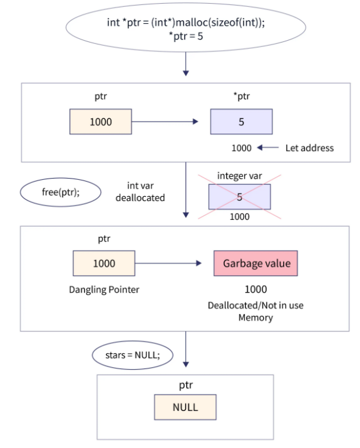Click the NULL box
[x=185, y=407]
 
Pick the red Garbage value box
[x=255, y=263]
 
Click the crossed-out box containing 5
[x=239, y=197]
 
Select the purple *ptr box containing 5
[x=241, y=122]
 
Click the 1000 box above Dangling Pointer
[x=103, y=263]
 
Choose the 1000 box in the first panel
[x=100, y=122]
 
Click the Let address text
[x=309, y=148]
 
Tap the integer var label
[x=239, y=176]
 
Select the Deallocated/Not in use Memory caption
[x=255, y=311]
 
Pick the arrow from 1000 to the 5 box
[x=167, y=122]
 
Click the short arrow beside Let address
[x=267, y=148]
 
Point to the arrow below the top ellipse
[x=185, y=65]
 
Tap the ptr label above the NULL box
[x=185, y=385]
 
